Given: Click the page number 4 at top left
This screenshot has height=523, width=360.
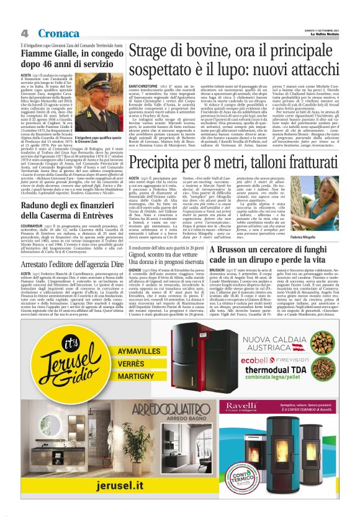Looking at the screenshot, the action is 24,33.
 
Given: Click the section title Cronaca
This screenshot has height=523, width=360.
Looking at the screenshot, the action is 58,33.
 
